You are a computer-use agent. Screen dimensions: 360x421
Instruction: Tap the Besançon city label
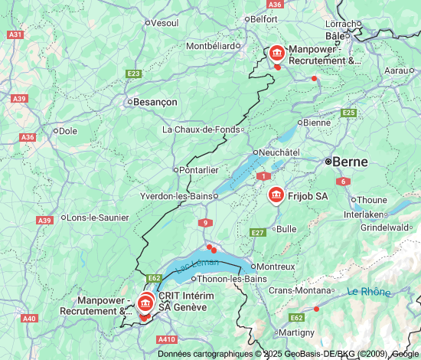[x=156, y=101]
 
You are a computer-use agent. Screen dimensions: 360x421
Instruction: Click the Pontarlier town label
[x=198, y=169]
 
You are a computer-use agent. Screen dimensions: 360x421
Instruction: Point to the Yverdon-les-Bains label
[x=175, y=196]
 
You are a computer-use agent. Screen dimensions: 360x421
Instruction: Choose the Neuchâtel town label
[x=279, y=152]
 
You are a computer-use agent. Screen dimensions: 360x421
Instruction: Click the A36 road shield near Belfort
[x=276, y=5]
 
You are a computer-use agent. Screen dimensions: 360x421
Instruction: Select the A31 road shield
[x=15, y=34]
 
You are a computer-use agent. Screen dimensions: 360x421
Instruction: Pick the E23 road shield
[x=134, y=74]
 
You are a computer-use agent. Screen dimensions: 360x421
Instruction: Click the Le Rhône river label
[x=368, y=292]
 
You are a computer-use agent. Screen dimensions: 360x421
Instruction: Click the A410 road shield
[x=167, y=339]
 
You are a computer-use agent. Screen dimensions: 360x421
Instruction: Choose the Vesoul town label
[x=165, y=22]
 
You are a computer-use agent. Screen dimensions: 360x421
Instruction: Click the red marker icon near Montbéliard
[x=276, y=54]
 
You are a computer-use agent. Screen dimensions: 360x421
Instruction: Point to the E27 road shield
[x=257, y=232]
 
